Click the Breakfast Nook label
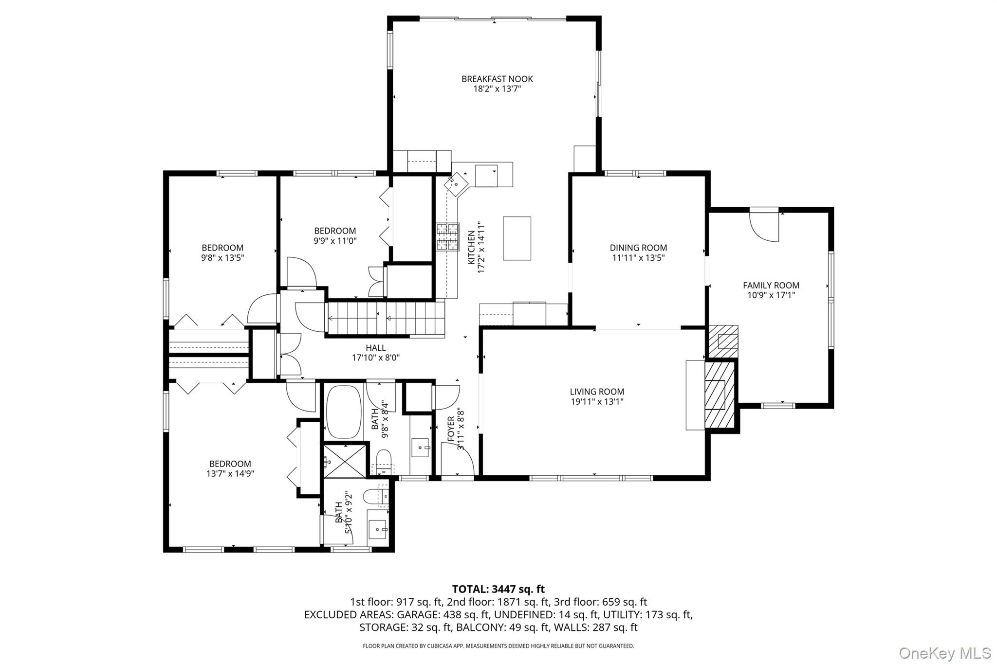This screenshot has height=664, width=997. pyautogui.click(x=497, y=79)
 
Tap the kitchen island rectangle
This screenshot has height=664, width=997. pyautogui.click(x=517, y=238)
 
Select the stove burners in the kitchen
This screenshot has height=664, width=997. pyautogui.click(x=447, y=237)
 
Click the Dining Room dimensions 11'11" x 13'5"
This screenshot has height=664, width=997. pyautogui.click(x=638, y=258)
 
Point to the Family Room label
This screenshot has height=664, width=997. pyautogui.click(x=771, y=286)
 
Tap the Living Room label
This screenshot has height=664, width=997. pyautogui.click(x=597, y=392)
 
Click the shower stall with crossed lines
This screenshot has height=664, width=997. pyautogui.click(x=345, y=460)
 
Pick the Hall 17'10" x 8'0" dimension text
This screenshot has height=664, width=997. pyautogui.click(x=375, y=358)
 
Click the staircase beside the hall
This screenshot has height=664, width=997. pyautogui.click(x=385, y=319)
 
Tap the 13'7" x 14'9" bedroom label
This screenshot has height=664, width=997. pyautogui.click(x=230, y=473)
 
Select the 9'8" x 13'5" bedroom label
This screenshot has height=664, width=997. pyautogui.click(x=222, y=258)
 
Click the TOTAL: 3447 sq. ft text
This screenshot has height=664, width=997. pyautogui.click(x=498, y=589)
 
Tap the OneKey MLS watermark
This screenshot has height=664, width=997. pyautogui.click(x=944, y=653)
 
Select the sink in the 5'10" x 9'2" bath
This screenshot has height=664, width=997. pyautogui.click(x=378, y=529)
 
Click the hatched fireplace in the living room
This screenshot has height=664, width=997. pyautogui.click(x=718, y=395)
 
